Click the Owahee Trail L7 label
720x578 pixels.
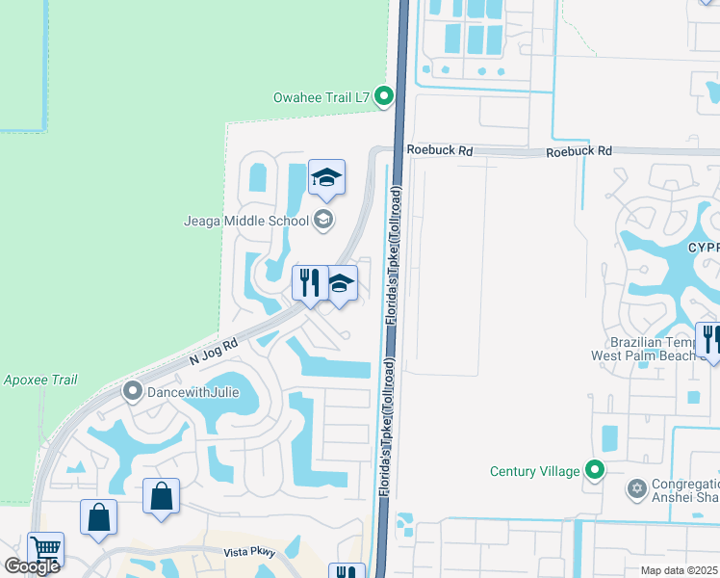(322, 95)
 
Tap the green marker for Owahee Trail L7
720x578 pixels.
(384, 95)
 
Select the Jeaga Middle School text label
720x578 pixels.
(246, 221)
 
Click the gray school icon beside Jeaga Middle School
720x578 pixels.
(323, 221)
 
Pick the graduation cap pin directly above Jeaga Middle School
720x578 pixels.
(326, 177)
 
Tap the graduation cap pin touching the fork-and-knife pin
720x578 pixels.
(340, 283)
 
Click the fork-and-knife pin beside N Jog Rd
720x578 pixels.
(308, 283)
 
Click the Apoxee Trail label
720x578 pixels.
(39, 380)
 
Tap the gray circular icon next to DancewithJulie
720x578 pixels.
(133, 390)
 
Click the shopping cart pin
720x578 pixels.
(45, 549)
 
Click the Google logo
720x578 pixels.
(32, 565)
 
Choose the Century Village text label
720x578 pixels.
(534, 471)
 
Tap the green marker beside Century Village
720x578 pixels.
(596, 471)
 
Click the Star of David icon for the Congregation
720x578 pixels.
(635, 490)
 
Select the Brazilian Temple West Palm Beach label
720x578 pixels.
(654, 349)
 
